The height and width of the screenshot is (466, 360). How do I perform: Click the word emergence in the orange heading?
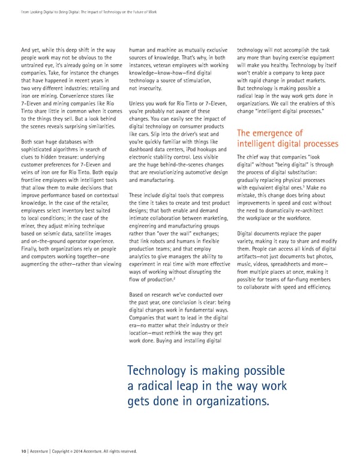[272, 133]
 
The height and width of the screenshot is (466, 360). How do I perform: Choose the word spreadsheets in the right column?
[290, 264]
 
